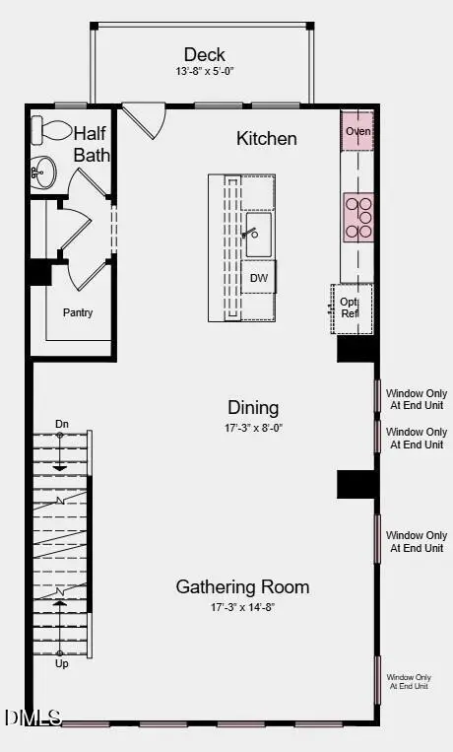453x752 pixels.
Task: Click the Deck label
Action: (204, 54)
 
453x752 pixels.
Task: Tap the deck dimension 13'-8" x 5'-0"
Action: (204, 72)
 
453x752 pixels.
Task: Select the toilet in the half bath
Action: (49, 130)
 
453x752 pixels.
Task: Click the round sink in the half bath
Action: (43, 173)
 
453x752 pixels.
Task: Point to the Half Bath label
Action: (93, 144)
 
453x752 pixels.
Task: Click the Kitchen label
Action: (266, 138)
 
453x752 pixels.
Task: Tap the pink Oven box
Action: (356, 130)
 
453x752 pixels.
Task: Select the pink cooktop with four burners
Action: (358, 217)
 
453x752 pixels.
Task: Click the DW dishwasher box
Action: (259, 278)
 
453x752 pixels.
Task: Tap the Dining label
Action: (253, 407)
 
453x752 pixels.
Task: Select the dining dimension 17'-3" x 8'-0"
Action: (253, 428)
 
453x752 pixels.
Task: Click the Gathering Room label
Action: (242, 586)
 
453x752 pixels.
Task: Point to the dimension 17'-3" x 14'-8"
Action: (242, 607)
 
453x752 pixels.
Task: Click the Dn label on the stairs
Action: (62, 424)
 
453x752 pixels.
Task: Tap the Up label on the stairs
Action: (62, 664)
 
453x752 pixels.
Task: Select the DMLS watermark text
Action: (32, 718)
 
